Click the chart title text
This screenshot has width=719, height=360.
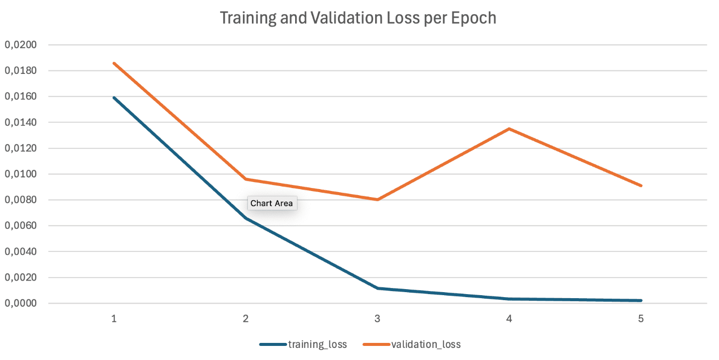click(x=358, y=19)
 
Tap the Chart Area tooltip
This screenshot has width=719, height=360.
click(x=272, y=203)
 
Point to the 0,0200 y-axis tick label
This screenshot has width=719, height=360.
click(x=21, y=45)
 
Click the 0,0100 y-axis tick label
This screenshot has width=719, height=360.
click(x=21, y=174)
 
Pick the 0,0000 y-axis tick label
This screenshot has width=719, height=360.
click(x=21, y=303)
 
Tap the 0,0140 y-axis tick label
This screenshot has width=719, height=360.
click(x=21, y=122)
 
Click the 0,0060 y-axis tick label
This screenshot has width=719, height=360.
click(x=21, y=226)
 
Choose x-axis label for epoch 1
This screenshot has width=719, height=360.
click(x=114, y=319)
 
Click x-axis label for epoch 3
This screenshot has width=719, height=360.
click(x=378, y=319)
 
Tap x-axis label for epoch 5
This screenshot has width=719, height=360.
click(x=641, y=319)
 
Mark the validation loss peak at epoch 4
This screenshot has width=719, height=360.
click(x=509, y=129)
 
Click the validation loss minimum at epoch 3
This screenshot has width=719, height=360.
click(x=378, y=200)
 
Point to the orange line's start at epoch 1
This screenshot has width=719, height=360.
click(x=115, y=63)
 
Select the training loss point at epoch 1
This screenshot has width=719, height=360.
click(x=115, y=98)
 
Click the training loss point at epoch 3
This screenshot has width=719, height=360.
click(x=378, y=288)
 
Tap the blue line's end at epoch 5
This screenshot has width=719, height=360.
click(x=641, y=300)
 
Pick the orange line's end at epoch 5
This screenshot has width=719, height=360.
click(x=641, y=186)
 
